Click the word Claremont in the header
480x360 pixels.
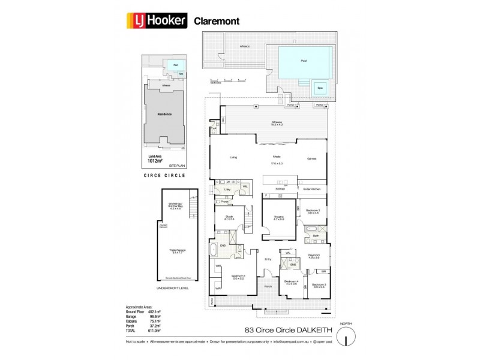(217, 21)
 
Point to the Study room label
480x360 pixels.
(229, 217)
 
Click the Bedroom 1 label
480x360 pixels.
(239, 275)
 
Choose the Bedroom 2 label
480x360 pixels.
(313, 211)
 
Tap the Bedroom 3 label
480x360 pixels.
(319, 285)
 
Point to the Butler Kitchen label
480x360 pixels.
(312, 189)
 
